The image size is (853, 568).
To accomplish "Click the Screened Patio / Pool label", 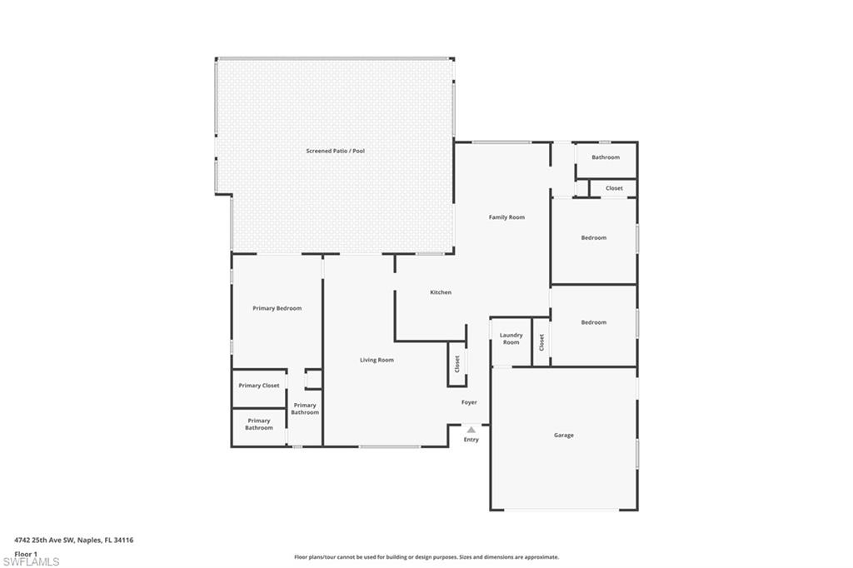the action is [335, 151].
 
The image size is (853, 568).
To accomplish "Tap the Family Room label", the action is [506, 217].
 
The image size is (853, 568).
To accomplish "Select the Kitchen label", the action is [441, 292].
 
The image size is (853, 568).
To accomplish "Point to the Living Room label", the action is [377, 360].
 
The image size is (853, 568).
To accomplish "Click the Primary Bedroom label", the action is [277, 308].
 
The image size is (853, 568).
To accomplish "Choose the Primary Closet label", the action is [259, 386].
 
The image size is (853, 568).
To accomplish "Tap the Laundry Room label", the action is [511, 338].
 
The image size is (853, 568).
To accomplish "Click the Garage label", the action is [564, 436].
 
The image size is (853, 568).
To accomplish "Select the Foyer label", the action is [469, 402].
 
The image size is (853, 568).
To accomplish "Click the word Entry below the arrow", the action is [471, 440].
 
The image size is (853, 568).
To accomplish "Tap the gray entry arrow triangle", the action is [471, 430].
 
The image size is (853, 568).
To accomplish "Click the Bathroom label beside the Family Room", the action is [606, 157].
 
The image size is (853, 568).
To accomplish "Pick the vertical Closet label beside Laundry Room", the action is [541, 342].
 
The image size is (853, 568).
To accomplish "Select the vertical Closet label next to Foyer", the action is [457, 363].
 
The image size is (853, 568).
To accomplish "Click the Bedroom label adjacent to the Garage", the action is [593, 322].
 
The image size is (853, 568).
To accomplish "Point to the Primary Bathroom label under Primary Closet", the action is [259, 424].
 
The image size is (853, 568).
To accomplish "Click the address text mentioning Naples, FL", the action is [74, 541].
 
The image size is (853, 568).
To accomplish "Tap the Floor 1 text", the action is [26, 554].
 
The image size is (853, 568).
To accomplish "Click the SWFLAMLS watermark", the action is [31, 561].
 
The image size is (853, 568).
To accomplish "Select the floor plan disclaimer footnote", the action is [426, 557].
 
